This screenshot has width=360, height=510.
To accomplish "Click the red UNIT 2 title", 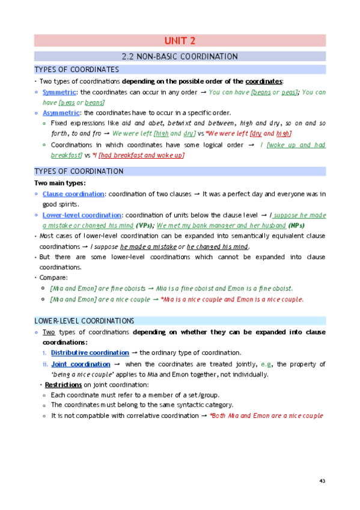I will (180, 41).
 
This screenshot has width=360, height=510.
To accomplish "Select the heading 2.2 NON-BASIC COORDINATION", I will (180, 57).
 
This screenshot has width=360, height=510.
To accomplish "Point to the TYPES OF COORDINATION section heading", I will (79, 171).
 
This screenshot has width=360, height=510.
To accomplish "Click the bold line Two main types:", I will (61, 183).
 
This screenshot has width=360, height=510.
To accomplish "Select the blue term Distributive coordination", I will (90, 353).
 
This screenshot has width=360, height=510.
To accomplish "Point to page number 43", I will (322, 481).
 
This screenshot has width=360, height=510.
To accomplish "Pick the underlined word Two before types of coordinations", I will (49, 332).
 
